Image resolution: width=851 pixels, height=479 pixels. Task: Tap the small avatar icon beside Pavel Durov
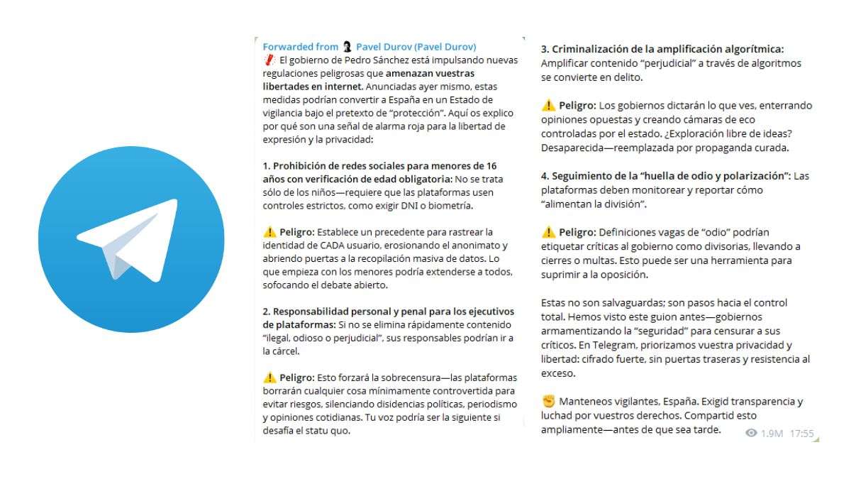point(347,47)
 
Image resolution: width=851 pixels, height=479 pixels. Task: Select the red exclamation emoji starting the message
point(269,60)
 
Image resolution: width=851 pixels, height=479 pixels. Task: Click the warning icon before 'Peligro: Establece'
point(269,232)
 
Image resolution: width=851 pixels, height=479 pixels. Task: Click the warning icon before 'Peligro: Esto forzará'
point(269,378)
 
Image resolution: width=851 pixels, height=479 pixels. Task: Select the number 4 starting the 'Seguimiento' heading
point(544,175)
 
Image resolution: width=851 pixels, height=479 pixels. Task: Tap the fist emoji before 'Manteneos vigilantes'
point(547,402)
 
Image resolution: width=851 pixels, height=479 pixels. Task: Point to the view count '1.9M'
point(772,433)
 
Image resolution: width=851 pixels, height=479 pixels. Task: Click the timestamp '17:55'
point(801,433)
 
